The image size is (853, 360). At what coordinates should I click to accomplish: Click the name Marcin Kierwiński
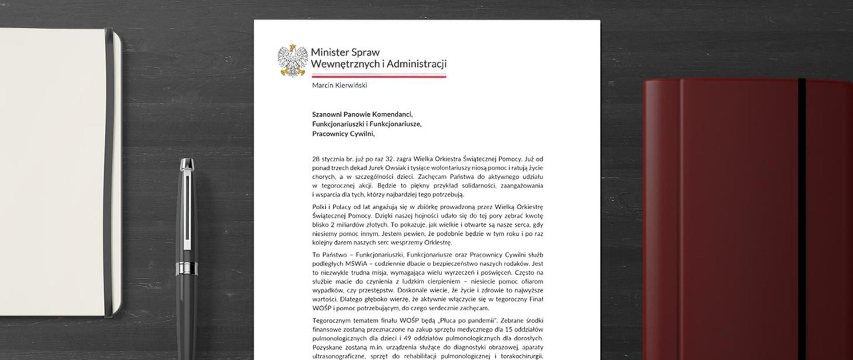[339, 85]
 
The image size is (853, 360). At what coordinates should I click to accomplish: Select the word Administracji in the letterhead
[416, 64]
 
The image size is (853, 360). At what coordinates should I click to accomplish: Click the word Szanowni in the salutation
[327, 114]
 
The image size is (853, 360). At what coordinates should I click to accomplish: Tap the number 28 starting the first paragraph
[316, 159]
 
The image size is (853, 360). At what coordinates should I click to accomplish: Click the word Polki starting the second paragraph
[319, 207]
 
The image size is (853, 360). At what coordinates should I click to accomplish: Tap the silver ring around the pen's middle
[186, 267]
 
